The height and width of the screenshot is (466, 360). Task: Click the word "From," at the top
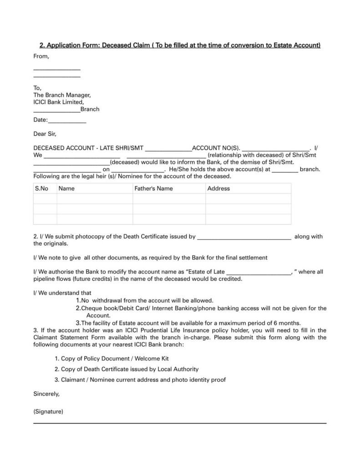(41, 56)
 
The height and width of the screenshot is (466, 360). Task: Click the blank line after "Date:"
(67, 121)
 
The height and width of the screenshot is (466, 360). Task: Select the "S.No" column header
(41, 188)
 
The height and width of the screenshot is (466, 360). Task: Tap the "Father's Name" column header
(153, 188)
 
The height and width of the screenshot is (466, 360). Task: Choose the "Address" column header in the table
(218, 188)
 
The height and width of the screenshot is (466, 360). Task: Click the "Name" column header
(66, 188)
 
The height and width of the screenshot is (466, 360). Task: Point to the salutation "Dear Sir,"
(45, 134)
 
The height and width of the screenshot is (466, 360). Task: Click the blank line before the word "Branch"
(56, 110)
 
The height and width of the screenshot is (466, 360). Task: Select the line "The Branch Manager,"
(62, 95)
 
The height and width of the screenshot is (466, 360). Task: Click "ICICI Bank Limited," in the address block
(59, 102)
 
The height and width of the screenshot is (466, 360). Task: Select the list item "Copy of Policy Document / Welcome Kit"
(115, 359)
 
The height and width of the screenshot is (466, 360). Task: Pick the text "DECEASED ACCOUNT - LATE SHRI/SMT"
(88, 148)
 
